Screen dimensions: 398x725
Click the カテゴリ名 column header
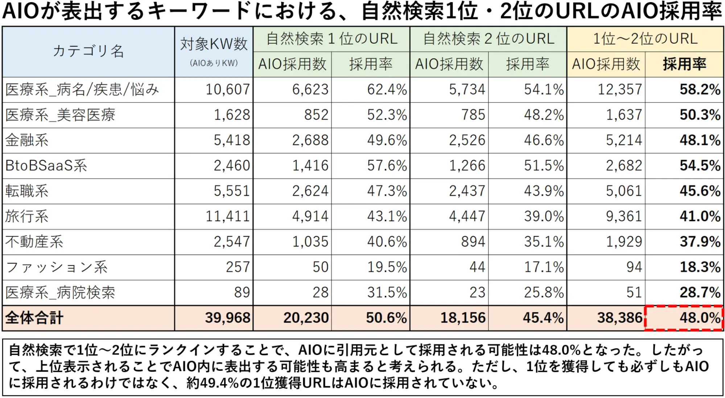click(x=88, y=51)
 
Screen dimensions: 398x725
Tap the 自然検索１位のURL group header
click(x=331, y=39)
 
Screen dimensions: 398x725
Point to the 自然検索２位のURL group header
click(x=488, y=39)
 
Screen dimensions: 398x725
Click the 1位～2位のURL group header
click(x=645, y=39)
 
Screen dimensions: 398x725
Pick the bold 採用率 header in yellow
click(x=684, y=64)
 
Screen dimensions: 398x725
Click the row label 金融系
click(x=27, y=140)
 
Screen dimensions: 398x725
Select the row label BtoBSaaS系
click(x=46, y=166)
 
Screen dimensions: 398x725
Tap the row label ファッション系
click(x=57, y=267)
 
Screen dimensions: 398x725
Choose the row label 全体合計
click(x=34, y=318)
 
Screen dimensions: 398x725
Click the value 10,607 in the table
click(x=228, y=90)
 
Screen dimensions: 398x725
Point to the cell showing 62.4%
click(x=387, y=90)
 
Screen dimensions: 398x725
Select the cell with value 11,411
click(x=228, y=216)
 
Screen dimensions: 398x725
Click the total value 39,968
click(x=228, y=318)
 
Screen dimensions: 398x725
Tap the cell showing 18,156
click(x=463, y=318)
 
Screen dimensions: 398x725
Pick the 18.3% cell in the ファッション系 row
click(x=700, y=267)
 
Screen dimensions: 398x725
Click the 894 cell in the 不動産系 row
click(x=473, y=242)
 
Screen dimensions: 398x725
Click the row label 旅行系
click(x=27, y=216)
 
